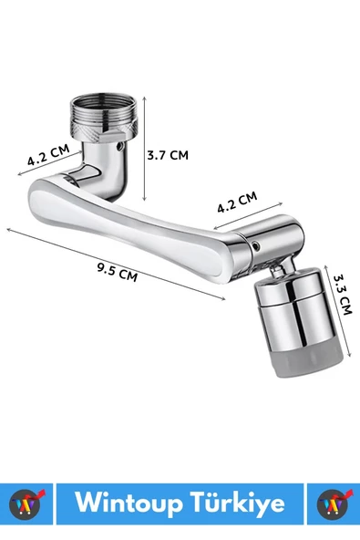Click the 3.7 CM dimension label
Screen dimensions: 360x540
coord(168,155)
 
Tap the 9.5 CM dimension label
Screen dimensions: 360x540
coord(117,272)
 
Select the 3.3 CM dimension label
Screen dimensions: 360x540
coord(343,295)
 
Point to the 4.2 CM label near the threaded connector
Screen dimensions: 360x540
coord(48,155)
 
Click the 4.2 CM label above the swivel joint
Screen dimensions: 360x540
coord(237,202)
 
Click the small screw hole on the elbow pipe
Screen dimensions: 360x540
coord(119,146)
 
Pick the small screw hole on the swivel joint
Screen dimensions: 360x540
coord(256,246)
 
